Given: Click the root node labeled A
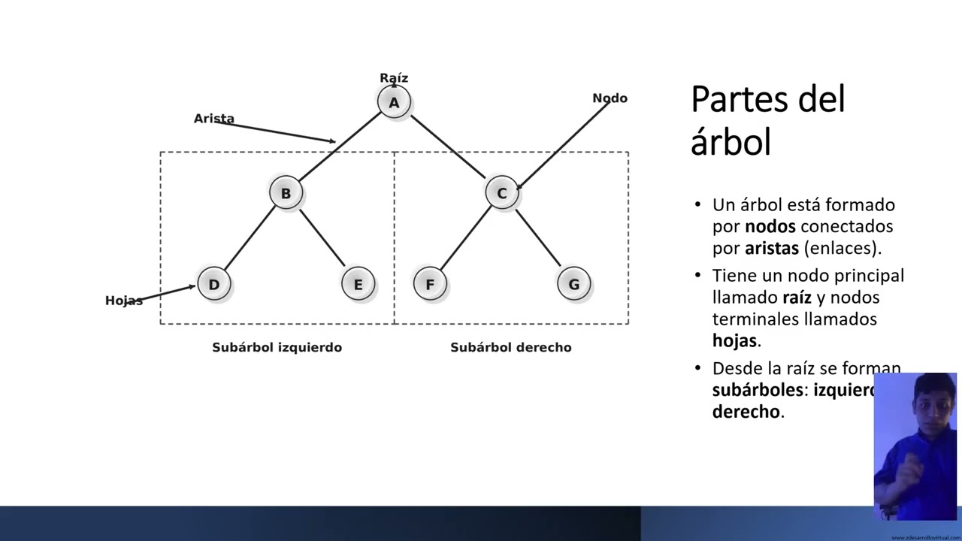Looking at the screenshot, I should [394, 102].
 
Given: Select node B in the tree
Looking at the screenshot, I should [286, 193].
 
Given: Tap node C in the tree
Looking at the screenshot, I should [501, 193].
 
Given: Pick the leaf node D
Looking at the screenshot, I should [214, 284].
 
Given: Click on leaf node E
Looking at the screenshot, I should [358, 284].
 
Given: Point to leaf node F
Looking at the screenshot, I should [430, 284].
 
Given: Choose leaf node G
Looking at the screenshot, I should [573, 284].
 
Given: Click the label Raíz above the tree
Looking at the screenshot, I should [394, 78].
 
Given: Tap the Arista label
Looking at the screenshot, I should [214, 119].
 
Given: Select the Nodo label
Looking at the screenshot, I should [610, 98].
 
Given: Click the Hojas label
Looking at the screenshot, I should [124, 301].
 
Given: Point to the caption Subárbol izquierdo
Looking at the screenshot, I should [277, 347].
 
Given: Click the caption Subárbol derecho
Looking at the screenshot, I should [510, 347].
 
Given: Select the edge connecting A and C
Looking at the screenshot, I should [448, 147].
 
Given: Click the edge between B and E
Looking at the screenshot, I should [322, 238].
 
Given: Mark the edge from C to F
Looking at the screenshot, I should [466, 238].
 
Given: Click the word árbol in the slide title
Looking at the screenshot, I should [731, 142].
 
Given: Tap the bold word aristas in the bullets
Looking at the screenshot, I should [771, 248].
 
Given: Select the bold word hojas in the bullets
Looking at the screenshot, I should [734, 340].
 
